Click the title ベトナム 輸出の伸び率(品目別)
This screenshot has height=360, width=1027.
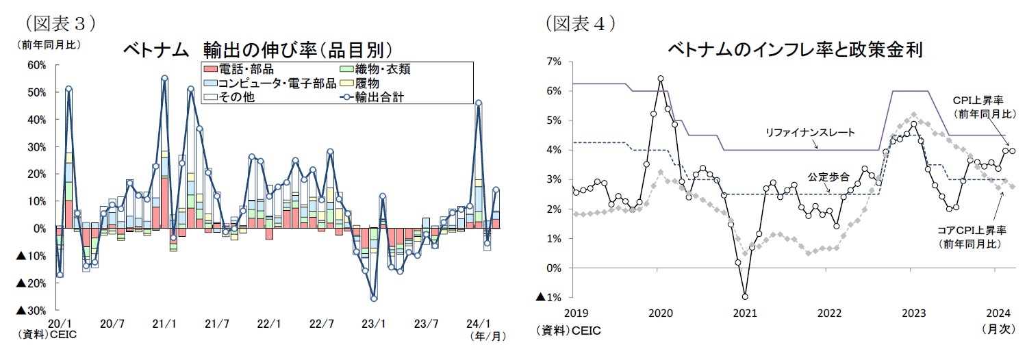(x=257, y=51)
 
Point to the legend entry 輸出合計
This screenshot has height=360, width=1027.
(x=379, y=97)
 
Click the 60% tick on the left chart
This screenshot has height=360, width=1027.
(x=36, y=65)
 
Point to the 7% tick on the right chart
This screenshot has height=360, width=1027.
(x=554, y=62)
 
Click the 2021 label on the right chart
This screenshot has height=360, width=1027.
(x=744, y=313)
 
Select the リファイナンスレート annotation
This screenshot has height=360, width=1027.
(x=811, y=133)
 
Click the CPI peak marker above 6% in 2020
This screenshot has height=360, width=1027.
(x=661, y=79)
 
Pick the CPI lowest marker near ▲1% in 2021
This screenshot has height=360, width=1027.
(x=745, y=296)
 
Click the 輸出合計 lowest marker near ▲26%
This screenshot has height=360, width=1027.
(x=374, y=298)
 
